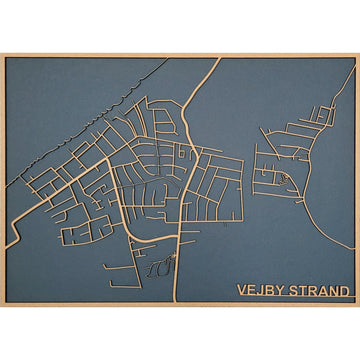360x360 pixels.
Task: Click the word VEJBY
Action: [x=262, y=291]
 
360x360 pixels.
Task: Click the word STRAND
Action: [x=320, y=291]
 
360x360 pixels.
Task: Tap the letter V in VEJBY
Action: [x=242, y=291]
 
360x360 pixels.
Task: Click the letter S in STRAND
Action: [x=296, y=291]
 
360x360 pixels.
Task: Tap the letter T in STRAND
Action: [x=305, y=291]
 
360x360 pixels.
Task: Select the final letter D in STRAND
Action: [x=346, y=291]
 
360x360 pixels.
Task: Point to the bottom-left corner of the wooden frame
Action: [x=2, y=305]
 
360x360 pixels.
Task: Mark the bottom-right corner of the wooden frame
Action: [x=358, y=305]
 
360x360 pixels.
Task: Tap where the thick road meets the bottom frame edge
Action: [x=179, y=302]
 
